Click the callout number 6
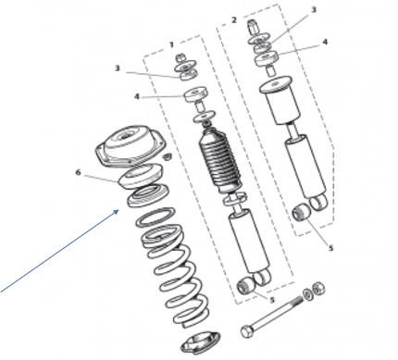tap(78, 172)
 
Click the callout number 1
tap(171, 44)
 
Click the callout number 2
tap(234, 20)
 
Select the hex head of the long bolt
tap(247, 331)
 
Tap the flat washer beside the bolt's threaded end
tap(307, 294)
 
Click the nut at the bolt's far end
tap(317, 289)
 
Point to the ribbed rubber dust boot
tap(219, 162)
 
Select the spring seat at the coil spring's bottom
tap(201, 343)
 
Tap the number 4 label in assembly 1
tap(137, 96)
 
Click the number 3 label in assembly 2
tap(314, 9)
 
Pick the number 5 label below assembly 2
tap(330, 248)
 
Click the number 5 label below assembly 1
tap(272, 300)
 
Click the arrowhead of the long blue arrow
tap(117, 212)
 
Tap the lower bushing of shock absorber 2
tap(301, 213)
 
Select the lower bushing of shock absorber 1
tap(246, 285)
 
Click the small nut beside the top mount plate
tap(167, 156)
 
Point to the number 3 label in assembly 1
tap(117, 68)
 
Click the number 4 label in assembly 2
tap(325, 42)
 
